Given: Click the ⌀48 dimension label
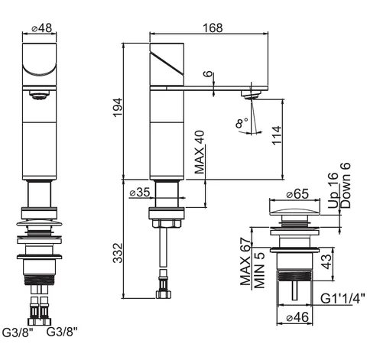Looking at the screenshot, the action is pyautogui.click(x=41, y=28).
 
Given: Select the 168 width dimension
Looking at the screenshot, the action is pyautogui.click(x=213, y=28).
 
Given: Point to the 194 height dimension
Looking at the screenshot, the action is pyautogui.click(x=118, y=107).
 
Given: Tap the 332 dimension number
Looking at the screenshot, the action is pyautogui.click(x=118, y=253).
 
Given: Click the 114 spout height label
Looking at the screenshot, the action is pyautogui.click(x=277, y=135).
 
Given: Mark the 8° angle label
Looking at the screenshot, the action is pyautogui.click(x=242, y=123).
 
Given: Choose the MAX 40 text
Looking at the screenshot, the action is pyautogui.click(x=200, y=152).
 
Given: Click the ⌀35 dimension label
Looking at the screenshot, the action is pyautogui.click(x=140, y=193).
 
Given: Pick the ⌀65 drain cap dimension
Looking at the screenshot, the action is pyautogui.click(x=297, y=194).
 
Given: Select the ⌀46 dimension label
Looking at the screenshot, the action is pyautogui.click(x=297, y=317).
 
